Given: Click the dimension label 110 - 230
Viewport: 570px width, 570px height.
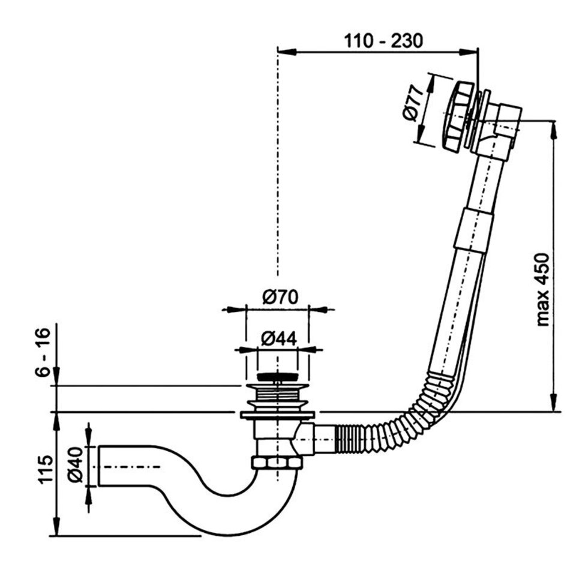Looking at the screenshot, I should [383, 40].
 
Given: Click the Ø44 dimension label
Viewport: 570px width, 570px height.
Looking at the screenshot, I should [280, 338].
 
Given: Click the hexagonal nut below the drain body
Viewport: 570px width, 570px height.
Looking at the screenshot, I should [275, 463].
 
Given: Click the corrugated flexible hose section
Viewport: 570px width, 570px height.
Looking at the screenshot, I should [396, 420].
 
